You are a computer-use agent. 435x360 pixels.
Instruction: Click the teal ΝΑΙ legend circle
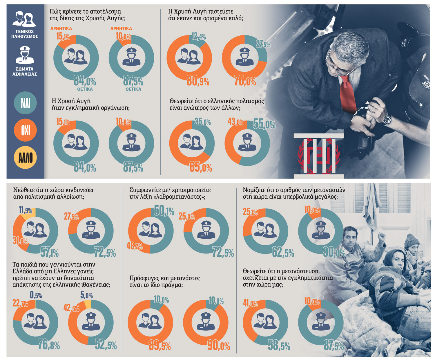point(25,103)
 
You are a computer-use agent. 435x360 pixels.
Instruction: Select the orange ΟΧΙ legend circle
point(25,130)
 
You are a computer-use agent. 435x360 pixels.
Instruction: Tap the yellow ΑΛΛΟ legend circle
point(25,157)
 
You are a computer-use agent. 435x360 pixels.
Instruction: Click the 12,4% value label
point(198,37)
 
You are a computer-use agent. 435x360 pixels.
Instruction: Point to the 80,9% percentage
point(198,81)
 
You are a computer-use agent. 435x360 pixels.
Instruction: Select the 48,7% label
point(135,246)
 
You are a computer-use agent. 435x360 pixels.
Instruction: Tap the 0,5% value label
point(36,295)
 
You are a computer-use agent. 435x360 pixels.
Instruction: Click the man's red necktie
point(347,94)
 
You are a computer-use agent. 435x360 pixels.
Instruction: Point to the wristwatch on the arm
point(387,120)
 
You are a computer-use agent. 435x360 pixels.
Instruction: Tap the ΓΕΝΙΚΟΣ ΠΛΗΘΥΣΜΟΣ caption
point(25,34)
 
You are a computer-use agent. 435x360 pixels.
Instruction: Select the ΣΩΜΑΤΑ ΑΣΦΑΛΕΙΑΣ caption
point(25,71)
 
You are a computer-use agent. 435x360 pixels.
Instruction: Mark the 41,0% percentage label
point(250,303)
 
